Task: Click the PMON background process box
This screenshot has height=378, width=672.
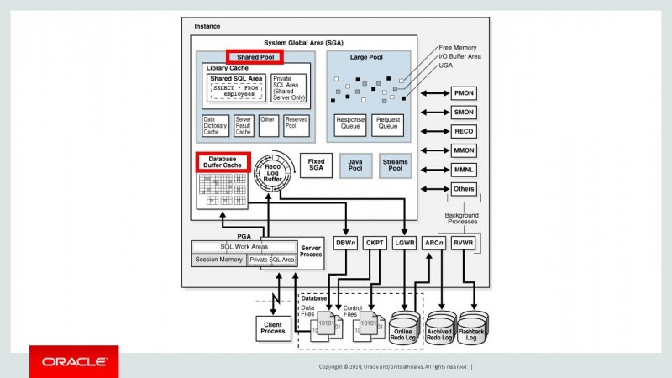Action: tap(464, 94)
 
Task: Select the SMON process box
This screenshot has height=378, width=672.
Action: tap(464, 113)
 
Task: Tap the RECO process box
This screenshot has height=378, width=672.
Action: tap(464, 131)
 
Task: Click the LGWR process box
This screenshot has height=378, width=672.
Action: tap(403, 242)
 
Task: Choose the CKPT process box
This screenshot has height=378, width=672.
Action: tap(375, 242)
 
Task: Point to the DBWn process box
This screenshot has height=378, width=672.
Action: tap(346, 242)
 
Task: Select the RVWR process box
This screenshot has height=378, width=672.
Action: tap(464, 242)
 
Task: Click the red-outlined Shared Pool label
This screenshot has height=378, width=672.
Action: tap(255, 57)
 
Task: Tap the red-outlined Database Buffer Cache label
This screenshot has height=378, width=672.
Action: tap(223, 161)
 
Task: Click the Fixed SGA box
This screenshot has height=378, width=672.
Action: tap(316, 165)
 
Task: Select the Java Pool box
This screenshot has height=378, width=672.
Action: tap(356, 165)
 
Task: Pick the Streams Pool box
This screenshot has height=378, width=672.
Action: tap(395, 165)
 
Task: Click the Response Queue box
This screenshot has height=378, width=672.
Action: tap(350, 124)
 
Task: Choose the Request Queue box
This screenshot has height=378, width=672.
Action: tap(387, 124)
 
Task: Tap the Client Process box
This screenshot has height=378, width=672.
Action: tap(272, 327)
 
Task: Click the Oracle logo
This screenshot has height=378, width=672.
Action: tap(74, 361)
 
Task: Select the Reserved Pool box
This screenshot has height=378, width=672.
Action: tap(296, 125)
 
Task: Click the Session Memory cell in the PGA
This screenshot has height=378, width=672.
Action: tap(218, 260)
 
